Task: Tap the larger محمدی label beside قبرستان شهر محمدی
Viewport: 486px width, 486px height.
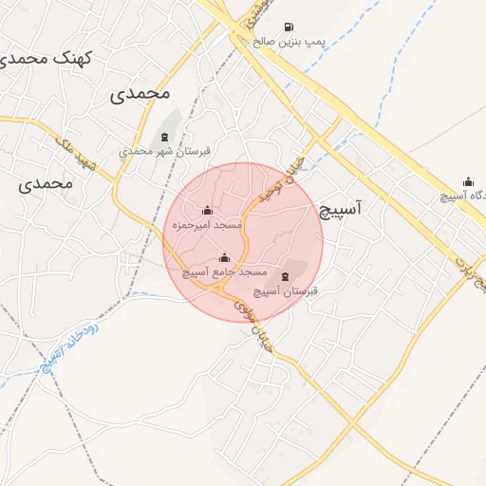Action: tap(140, 94)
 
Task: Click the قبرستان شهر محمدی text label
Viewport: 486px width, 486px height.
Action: tap(165, 151)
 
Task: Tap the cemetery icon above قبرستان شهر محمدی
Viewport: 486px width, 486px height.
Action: tap(165, 137)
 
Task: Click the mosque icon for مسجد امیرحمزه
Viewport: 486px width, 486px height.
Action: tap(208, 211)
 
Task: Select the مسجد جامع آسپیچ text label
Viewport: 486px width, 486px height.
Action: tap(225, 272)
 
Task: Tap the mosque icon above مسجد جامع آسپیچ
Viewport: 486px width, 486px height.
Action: tap(225, 257)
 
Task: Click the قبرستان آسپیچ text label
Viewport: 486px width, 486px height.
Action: tap(286, 290)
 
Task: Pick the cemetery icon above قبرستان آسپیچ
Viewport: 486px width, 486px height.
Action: tap(286, 276)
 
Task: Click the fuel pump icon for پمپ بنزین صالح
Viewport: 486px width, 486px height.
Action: tap(288, 27)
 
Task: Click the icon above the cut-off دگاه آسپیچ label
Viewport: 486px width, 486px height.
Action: tap(468, 182)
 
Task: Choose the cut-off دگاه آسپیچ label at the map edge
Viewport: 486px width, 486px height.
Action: tap(464, 197)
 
